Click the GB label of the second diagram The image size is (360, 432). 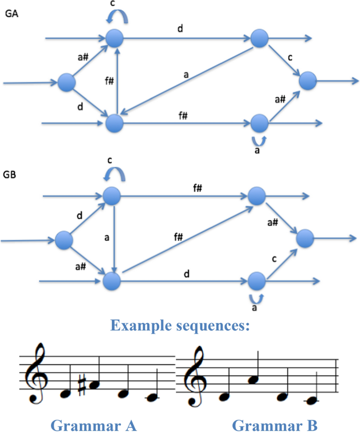[11, 173]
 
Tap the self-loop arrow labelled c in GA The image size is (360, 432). [115, 19]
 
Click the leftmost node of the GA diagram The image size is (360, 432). [66, 82]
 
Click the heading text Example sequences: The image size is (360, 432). [179, 326]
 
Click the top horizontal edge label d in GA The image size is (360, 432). [180, 28]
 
